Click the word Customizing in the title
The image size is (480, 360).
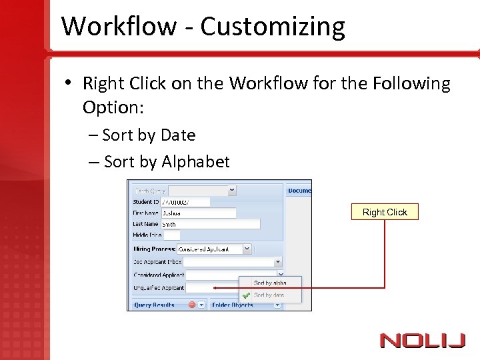pos(273,27)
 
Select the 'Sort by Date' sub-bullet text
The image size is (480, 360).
pos(149,135)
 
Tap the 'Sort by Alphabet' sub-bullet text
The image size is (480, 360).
pos(167,162)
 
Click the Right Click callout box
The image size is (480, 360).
pos(385,212)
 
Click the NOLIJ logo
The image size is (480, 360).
pos(423,341)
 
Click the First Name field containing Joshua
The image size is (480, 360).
pos(198,213)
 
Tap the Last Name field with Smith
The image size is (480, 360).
pos(209,225)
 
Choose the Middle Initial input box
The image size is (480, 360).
pos(171,235)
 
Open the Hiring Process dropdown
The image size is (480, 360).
pos(247,249)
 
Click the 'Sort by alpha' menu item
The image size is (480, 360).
pos(270,283)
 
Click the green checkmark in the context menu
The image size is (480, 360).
pos(246,295)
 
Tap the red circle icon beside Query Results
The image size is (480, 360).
pos(192,305)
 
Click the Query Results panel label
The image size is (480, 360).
pos(154,305)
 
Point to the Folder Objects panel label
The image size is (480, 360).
pos(232,305)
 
